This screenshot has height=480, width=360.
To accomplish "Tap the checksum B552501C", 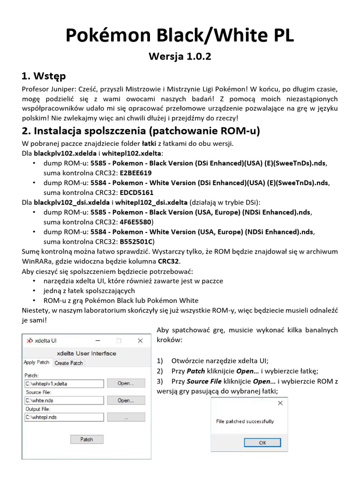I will coord(136,241).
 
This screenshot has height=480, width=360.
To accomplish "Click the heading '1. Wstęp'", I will coord(44,76).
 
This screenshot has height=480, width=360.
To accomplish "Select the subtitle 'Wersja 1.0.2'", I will coord(180,57).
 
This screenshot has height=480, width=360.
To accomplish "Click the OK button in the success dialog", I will coord(262,442).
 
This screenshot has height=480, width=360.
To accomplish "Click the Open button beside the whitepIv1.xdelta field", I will coord(126,383).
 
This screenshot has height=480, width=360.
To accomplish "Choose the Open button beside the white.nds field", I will coord(126,400).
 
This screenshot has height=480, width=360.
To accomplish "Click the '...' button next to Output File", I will coord(126,417).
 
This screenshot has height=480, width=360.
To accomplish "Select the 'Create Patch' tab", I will coord(68,363).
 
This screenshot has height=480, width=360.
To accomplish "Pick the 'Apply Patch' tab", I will coord(37,363).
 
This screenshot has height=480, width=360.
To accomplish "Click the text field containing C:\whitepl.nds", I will coord(64,417).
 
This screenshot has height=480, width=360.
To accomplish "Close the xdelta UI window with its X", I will coord(140,341).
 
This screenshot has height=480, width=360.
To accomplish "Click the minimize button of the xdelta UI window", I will coord(97,341).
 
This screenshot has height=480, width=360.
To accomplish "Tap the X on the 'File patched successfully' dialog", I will coord(280,403).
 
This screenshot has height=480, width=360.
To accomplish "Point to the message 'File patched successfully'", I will coord(245,421).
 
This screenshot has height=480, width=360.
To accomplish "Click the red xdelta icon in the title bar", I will coord(30,341).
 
